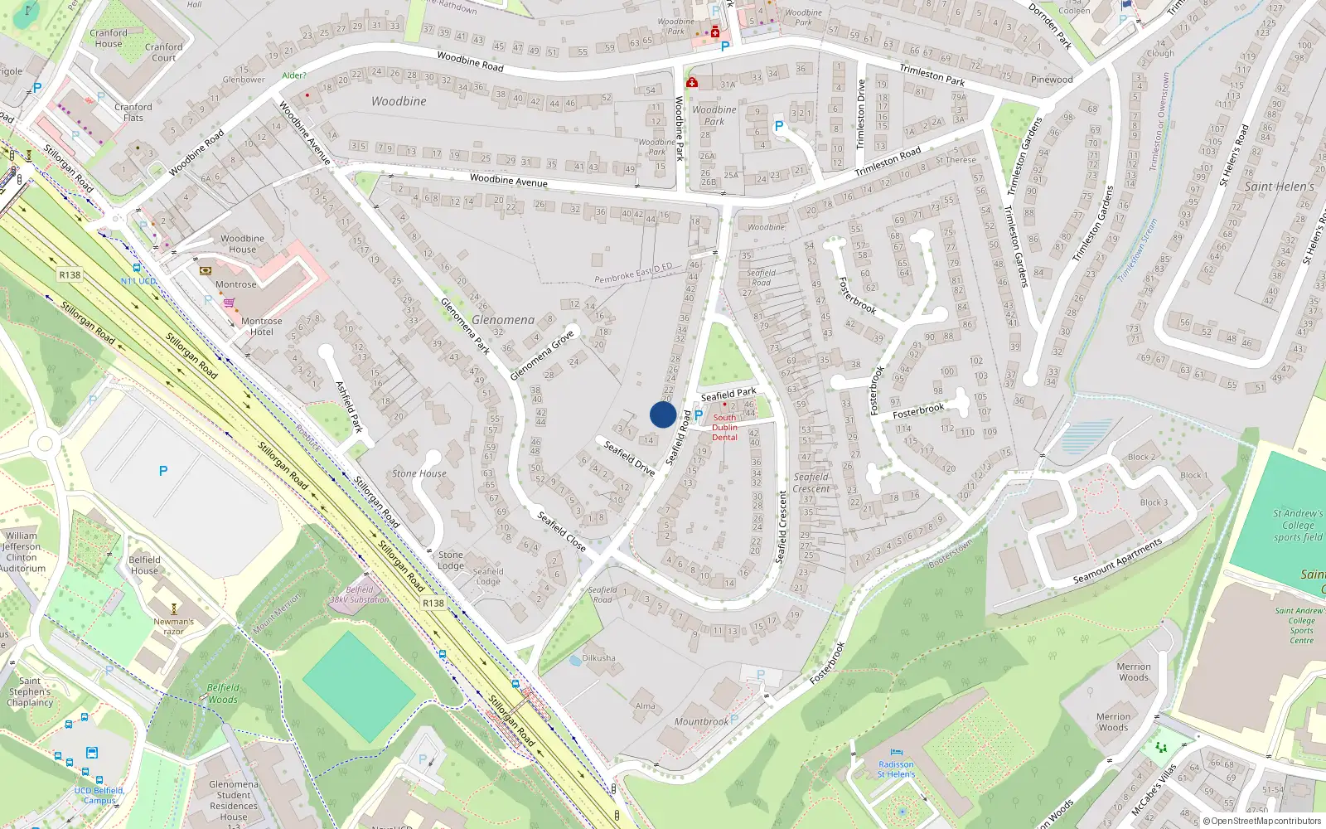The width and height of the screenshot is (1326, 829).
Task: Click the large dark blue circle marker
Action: (x=663, y=414)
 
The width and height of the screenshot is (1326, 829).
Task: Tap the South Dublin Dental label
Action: (x=724, y=428)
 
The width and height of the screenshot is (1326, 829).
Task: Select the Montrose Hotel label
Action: (x=262, y=327)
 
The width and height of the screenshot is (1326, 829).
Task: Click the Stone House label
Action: (x=419, y=473)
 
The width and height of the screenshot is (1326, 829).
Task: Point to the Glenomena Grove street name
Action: (x=541, y=356)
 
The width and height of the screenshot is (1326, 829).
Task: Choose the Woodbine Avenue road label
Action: (x=508, y=181)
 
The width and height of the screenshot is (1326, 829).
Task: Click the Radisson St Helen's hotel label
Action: (x=896, y=769)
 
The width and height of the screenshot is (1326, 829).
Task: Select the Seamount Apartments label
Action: (x=1117, y=561)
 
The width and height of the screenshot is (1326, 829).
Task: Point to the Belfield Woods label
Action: (x=222, y=693)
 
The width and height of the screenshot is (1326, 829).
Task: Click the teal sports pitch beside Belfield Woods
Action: (x=359, y=686)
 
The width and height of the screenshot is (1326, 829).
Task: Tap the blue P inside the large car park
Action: (x=163, y=471)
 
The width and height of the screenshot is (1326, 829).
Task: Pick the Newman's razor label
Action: (x=173, y=626)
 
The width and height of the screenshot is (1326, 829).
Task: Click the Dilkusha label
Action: (x=598, y=658)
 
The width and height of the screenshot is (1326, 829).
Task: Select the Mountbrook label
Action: (x=701, y=721)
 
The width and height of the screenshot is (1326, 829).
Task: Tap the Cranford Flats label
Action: (x=133, y=113)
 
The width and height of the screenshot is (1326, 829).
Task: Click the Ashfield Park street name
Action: (x=349, y=406)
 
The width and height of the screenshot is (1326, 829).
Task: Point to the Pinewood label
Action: (x=1052, y=80)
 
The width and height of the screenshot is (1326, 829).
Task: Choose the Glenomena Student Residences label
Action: (x=234, y=800)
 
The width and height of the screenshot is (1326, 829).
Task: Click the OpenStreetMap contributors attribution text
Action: (x=1266, y=822)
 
